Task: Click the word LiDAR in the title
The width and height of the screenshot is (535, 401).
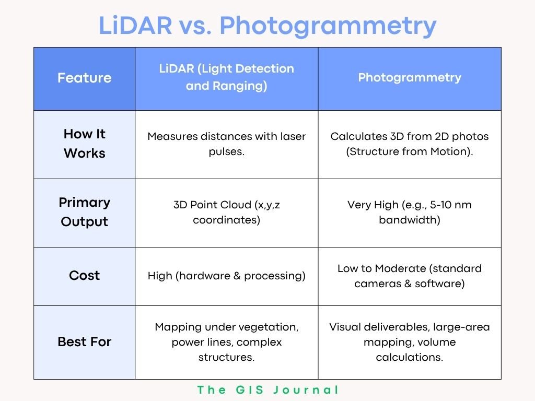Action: coord(135,25)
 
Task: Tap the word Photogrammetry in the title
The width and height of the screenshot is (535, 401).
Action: coord(328,27)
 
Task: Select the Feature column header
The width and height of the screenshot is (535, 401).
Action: coord(84,78)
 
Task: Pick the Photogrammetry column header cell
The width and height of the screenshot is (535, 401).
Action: coord(410,78)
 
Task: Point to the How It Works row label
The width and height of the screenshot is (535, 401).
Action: coord(84,144)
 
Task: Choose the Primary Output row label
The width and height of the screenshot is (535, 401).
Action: coord(84,212)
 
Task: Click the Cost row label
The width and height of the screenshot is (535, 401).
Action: coord(84,275)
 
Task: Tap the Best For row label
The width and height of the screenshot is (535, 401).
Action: coord(84,341)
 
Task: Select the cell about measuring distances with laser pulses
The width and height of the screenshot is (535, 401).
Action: coord(227,144)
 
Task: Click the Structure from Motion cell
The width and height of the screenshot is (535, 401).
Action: coord(410,144)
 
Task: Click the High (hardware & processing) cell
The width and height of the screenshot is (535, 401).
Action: coord(227,276)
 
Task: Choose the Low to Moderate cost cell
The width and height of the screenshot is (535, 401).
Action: coord(410,276)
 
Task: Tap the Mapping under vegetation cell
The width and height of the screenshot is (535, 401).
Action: coord(227,342)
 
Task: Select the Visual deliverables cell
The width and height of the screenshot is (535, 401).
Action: coord(410,342)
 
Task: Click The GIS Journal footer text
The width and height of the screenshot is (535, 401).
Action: coord(268,390)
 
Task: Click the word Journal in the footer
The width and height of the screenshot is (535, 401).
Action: coord(306,390)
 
